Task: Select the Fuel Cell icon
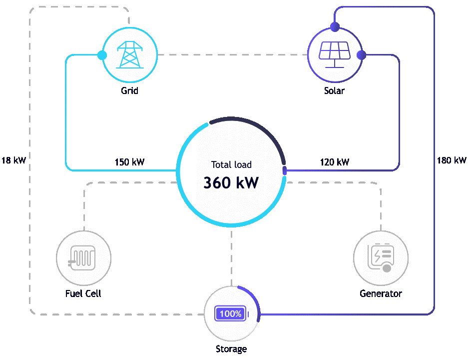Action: click(x=84, y=258)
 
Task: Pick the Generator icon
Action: click(x=381, y=258)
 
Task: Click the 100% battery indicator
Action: click(x=231, y=314)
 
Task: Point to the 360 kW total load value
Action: click(x=231, y=182)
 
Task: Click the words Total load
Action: click(x=231, y=164)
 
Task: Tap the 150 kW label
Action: click(x=129, y=162)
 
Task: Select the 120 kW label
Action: click(x=334, y=162)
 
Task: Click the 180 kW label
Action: click(x=451, y=160)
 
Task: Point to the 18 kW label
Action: click(x=13, y=160)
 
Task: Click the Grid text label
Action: click(x=129, y=91)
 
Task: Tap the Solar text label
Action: click(x=334, y=91)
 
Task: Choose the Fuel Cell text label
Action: click(x=83, y=293)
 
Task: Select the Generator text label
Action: click(x=381, y=293)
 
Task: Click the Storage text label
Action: click(x=231, y=349)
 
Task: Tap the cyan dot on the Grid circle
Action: click(x=102, y=54)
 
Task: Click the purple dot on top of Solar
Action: click(x=334, y=26)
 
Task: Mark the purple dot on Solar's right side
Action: click(x=362, y=54)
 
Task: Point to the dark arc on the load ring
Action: click(x=260, y=130)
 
